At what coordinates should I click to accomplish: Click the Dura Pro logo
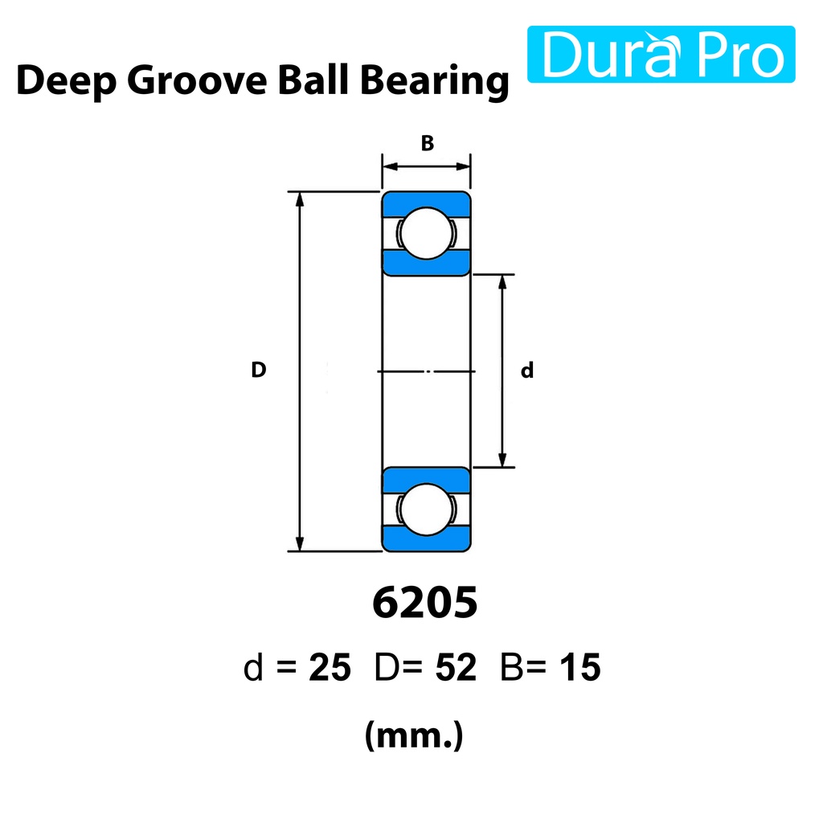661,54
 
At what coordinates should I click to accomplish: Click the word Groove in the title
197,80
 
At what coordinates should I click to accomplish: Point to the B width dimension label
428,143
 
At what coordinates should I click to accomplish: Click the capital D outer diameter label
258,370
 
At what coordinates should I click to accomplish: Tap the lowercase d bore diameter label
527,370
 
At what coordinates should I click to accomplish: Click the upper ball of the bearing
426,233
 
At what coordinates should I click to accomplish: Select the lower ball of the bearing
426,509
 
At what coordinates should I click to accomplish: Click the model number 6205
424,603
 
